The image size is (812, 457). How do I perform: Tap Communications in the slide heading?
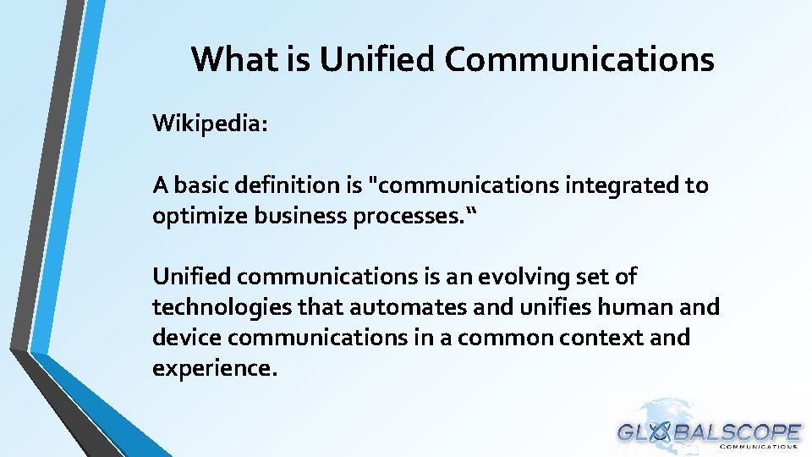pos(579,59)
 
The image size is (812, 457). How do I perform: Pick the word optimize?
pos(195,215)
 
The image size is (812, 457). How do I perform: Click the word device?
pos(187,337)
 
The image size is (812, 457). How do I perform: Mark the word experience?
pos(214,368)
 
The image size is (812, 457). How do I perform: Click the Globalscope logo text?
pos(709,432)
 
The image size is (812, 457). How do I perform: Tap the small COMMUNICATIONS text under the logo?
pos(759,448)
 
